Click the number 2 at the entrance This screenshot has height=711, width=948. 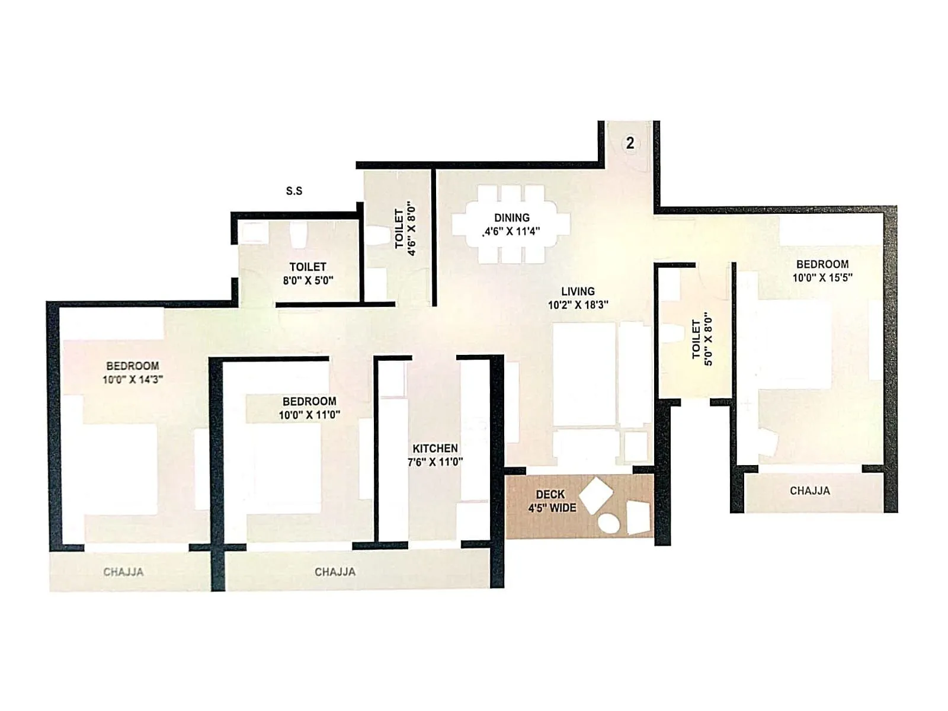tap(630, 143)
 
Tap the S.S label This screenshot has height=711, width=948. tap(294, 191)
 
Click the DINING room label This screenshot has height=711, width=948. tap(512, 217)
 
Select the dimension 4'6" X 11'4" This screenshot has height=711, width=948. tap(513, 231)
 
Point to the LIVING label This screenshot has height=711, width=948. tap(578, 292)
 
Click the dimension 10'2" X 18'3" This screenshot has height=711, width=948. tap(578, 305)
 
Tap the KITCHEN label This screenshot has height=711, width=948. tap(435, 449)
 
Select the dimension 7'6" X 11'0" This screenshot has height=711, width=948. tap(435, 462)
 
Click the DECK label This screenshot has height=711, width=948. tap(550, 494)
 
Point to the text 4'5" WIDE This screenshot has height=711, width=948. tap(552, 508)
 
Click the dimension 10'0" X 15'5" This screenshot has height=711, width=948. tap(822, 277)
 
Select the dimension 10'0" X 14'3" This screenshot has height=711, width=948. tap(133, 379)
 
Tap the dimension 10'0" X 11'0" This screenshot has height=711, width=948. tap(309, 415)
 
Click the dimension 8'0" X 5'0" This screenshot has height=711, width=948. tap(308, 280)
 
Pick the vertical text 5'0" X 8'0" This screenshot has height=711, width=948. tap(709, 340)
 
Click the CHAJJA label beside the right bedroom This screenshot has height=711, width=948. tap(809, 491)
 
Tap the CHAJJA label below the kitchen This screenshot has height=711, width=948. tap(335, 572)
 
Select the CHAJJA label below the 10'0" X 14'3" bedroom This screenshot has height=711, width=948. tap(123, 572)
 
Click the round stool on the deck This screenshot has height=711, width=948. tap(608, 524)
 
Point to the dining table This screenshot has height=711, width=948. tap(511, 225)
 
